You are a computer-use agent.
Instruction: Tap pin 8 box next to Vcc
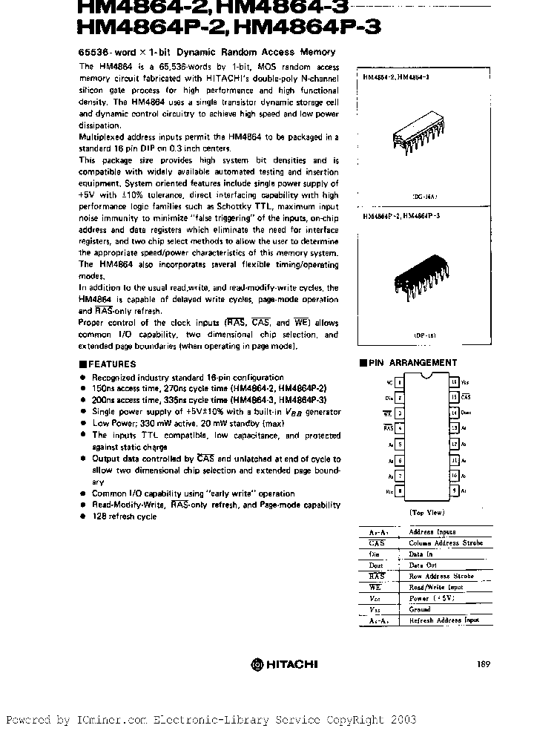400,491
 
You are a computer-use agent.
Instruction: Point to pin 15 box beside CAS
453,397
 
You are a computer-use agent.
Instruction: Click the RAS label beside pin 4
388,428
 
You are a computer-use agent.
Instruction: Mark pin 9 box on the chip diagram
453,491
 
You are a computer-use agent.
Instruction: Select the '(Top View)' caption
426,513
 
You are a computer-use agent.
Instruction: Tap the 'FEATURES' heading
112,364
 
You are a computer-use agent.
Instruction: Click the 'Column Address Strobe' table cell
446,543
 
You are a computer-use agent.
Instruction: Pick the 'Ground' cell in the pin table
420,609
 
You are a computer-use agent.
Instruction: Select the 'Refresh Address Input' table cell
444,620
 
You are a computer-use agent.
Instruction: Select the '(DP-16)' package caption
425,335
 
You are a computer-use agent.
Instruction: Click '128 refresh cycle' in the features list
124,516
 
